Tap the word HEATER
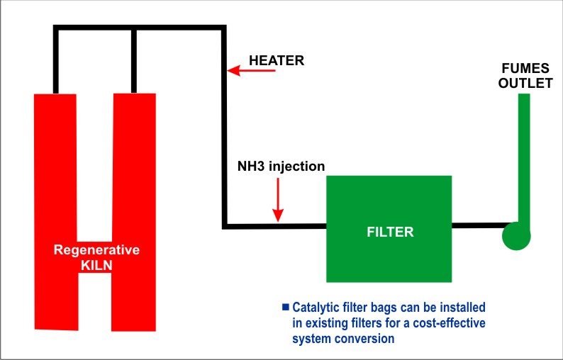pos(277,61)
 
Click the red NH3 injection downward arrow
pos(279,199)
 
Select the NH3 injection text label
pos(281,167)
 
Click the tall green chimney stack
pos(524,156)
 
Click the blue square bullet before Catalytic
pos(286,307)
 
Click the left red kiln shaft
pos(56,177)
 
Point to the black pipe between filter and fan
pos(476,227)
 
